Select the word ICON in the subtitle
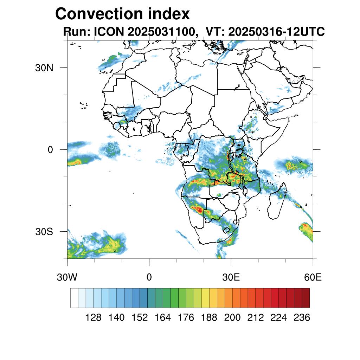108,32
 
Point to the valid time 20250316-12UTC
276,32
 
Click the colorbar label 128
94,318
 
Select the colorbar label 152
140,318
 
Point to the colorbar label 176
186,318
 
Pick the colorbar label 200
232,318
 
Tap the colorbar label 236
302,318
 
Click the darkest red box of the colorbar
306,298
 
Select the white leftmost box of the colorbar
74,298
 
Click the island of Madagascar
276,204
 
